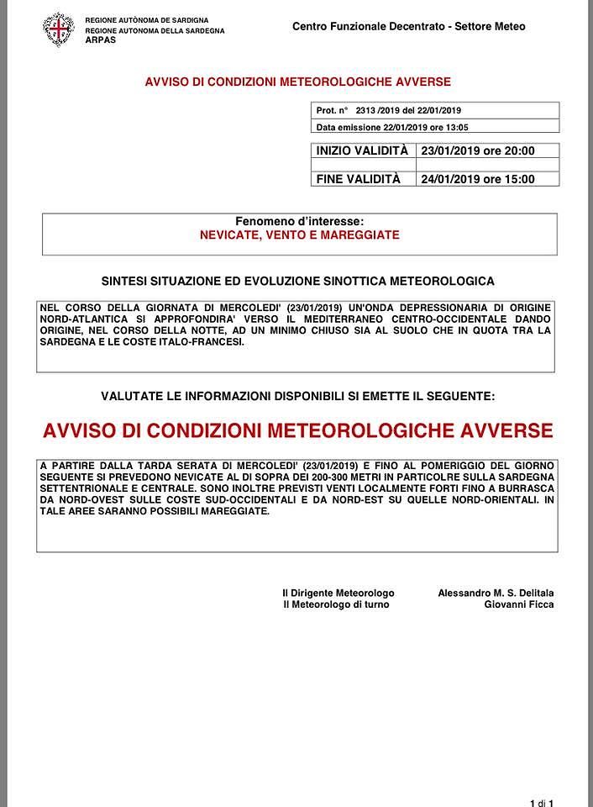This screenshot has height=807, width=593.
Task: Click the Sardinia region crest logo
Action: [x=59, y=29]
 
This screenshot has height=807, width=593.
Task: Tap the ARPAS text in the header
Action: [x=101, y=40]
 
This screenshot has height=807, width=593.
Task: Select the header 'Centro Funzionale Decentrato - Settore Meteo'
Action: [x=408, y=26]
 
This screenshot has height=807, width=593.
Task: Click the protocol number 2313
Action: [x=366, y=110]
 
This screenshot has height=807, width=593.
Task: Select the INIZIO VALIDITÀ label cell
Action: [x=362, y=151]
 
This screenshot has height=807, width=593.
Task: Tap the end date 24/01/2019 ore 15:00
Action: [x=477, y=179]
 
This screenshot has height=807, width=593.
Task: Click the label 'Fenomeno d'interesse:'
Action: [x=299, y=221]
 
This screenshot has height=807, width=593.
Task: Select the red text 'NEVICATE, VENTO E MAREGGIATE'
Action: [x=299, y=235]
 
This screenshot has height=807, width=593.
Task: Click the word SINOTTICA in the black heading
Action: [x=353, y=281]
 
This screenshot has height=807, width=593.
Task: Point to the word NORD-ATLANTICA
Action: [x=79, y=319]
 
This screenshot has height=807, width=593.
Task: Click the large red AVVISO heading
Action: [x=297, y=431]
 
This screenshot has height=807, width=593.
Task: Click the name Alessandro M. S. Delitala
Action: [x=495, y=593]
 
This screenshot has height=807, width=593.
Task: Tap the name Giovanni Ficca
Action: [x=518, y=604]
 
